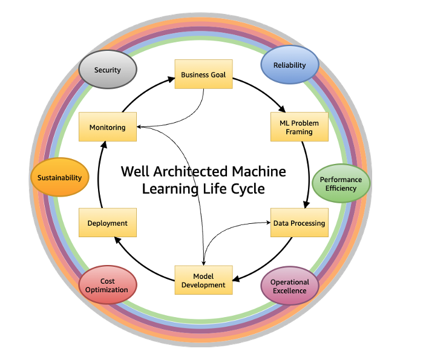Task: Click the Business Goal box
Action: (x=204, y=74)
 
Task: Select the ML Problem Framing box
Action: (x=300, y=127)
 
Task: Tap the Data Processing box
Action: (x=299, y=223)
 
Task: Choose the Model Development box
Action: (x=204, y=280)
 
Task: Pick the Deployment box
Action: (x=108, y=223)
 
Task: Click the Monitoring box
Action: (x=108, y=127)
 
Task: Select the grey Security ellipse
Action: (x=108, y=70)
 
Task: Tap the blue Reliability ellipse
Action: (x=289, y=65)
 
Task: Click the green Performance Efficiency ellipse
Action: (x=341, y=184)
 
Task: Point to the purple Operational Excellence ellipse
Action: (x=289, y=286)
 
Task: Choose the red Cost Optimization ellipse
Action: (x=108, y=286)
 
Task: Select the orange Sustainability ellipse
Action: (x=59, y=178)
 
